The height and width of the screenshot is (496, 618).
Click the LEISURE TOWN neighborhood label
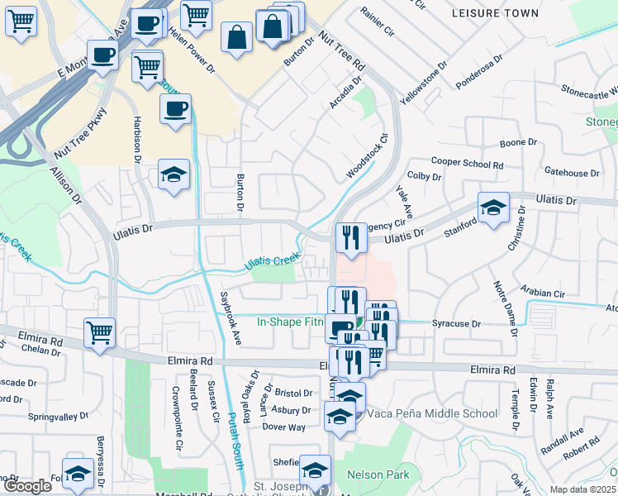point(496,13)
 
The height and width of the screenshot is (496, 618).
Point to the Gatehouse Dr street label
point(572,173)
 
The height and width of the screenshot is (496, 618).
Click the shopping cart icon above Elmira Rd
point(100,332)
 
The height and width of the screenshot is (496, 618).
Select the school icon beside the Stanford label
point(493,207)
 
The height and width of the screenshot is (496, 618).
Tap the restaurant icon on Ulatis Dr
point(351,238)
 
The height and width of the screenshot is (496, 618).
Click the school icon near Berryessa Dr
point(78,473)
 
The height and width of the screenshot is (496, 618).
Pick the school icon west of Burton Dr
point(174,174)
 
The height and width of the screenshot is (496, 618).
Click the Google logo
point(27,486)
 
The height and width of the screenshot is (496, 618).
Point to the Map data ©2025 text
point(583,489)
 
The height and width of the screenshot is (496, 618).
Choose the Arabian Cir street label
point(542,293)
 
